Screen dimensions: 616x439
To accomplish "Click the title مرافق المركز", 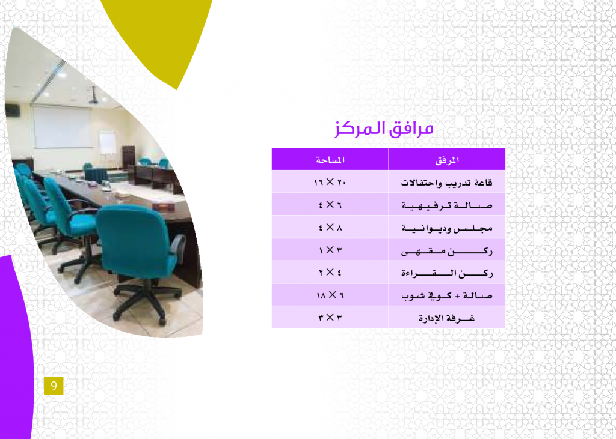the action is tap(384, 129).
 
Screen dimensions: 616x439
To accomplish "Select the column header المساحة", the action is tap(330, 160).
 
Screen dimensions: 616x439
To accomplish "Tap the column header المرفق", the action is tap(447, 160).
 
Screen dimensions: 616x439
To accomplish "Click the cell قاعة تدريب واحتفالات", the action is tap(447, 183).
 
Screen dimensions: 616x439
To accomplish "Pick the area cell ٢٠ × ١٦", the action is tap(330, 182).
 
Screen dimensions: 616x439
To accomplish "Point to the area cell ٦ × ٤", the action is tap(330, 204).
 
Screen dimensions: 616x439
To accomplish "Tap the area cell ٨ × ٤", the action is tap(330, 227).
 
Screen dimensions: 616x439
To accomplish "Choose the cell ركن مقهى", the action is tap(447, 250).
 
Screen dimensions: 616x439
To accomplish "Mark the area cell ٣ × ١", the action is tap(330, 250).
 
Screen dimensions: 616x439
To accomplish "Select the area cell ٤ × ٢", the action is tap(330, 272).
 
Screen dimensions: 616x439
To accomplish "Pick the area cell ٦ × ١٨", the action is tap(330, 295).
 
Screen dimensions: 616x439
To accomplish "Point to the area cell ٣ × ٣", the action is tap(330, 317).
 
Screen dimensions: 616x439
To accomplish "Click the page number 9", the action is tap(54, 386).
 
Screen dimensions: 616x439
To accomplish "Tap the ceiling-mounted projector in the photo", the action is tap(93, 97).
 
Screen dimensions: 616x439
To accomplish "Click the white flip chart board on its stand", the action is tap(108, 143).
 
